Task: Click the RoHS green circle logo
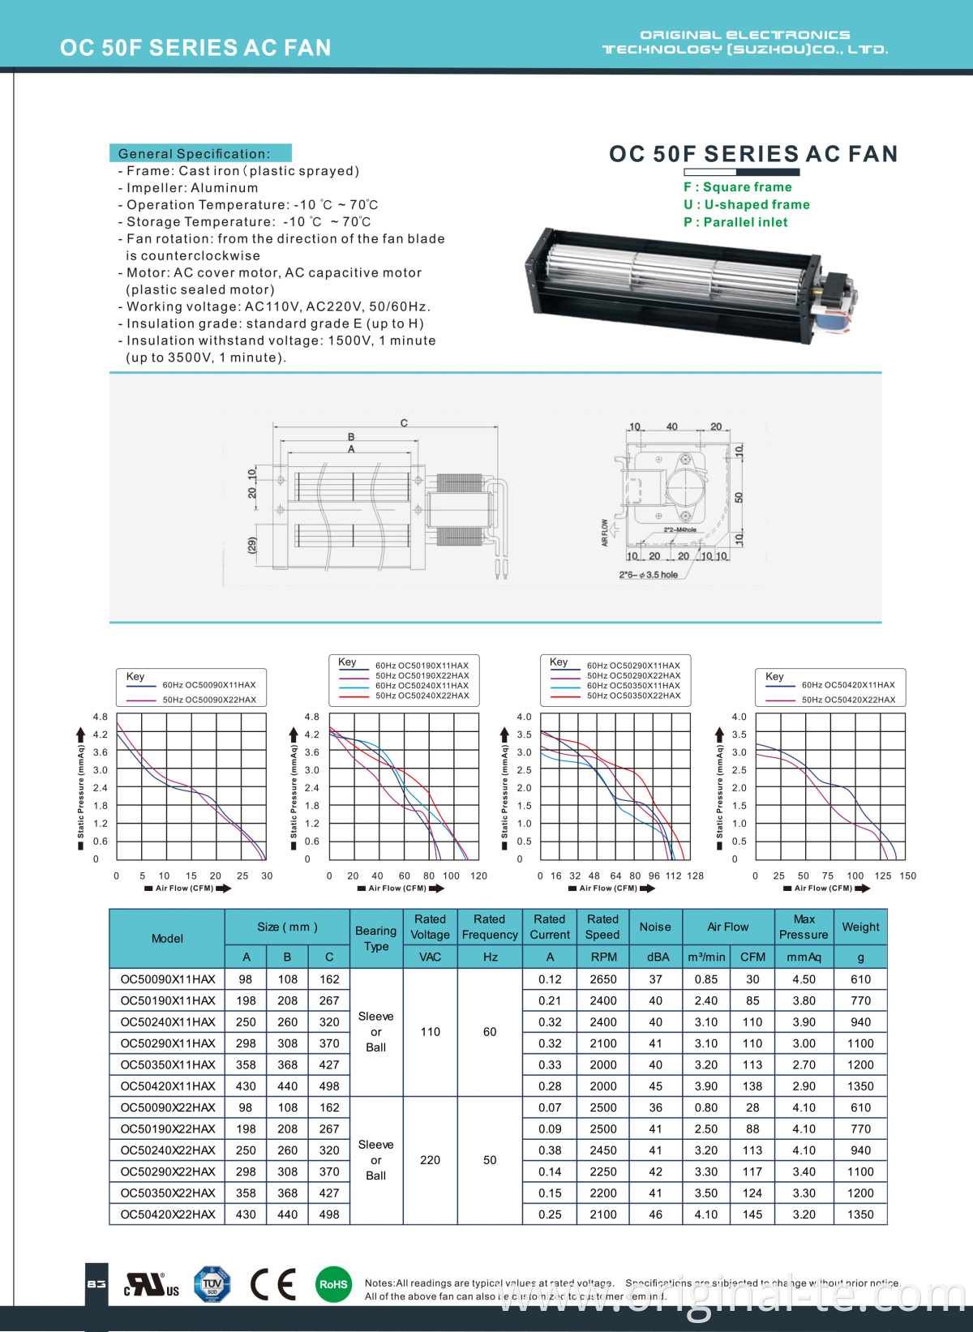(333, 1284)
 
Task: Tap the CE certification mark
(273, 1284)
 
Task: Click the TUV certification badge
(212, 1284)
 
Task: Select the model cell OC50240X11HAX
(168, 1022)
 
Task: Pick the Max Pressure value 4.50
(804, 979)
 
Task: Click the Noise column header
(655, 927)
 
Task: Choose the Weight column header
(860, 927)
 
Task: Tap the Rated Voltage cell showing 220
(430, 1160)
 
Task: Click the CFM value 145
(752, 1214)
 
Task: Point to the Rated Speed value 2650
(603, 979)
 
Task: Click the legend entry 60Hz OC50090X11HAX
(208, 685)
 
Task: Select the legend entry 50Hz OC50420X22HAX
(848, 700)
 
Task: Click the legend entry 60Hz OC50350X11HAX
(633, 686)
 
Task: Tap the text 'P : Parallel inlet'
(735, 222)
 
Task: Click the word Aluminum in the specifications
(225, 188)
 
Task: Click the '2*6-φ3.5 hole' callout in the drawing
(649, 575)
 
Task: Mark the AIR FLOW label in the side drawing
(605, 533)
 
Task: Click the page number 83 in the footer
(96, 1284)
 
